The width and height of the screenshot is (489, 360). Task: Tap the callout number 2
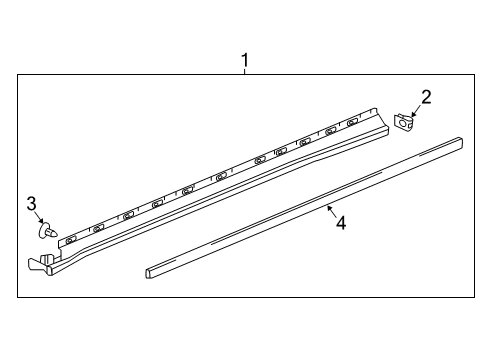[x=426, y=97]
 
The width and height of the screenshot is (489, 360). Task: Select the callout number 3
[x=32, y=204]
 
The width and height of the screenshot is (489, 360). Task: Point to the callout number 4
[x=340, y=223]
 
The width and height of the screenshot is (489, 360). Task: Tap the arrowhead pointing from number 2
[x=413, y=115]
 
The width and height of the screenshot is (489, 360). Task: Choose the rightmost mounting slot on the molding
[x=352, y=123]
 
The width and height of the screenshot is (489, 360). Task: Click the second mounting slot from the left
[x=97, y=228]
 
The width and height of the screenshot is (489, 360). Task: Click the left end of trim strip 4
[x=149, y=270]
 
